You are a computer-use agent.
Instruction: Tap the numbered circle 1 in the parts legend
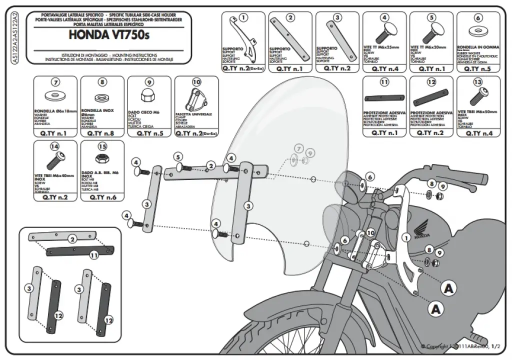pyautogui.click(x=243, y=18)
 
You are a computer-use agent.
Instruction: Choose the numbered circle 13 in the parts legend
pyautogui.click(x=477, y=82)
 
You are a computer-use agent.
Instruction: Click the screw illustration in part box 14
pyautogui.click(x=54, y=161)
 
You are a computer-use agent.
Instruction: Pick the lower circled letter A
pyautogui.click(x=436, y=309)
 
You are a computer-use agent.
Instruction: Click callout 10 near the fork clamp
pyautogui.click(x=370, y=232)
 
